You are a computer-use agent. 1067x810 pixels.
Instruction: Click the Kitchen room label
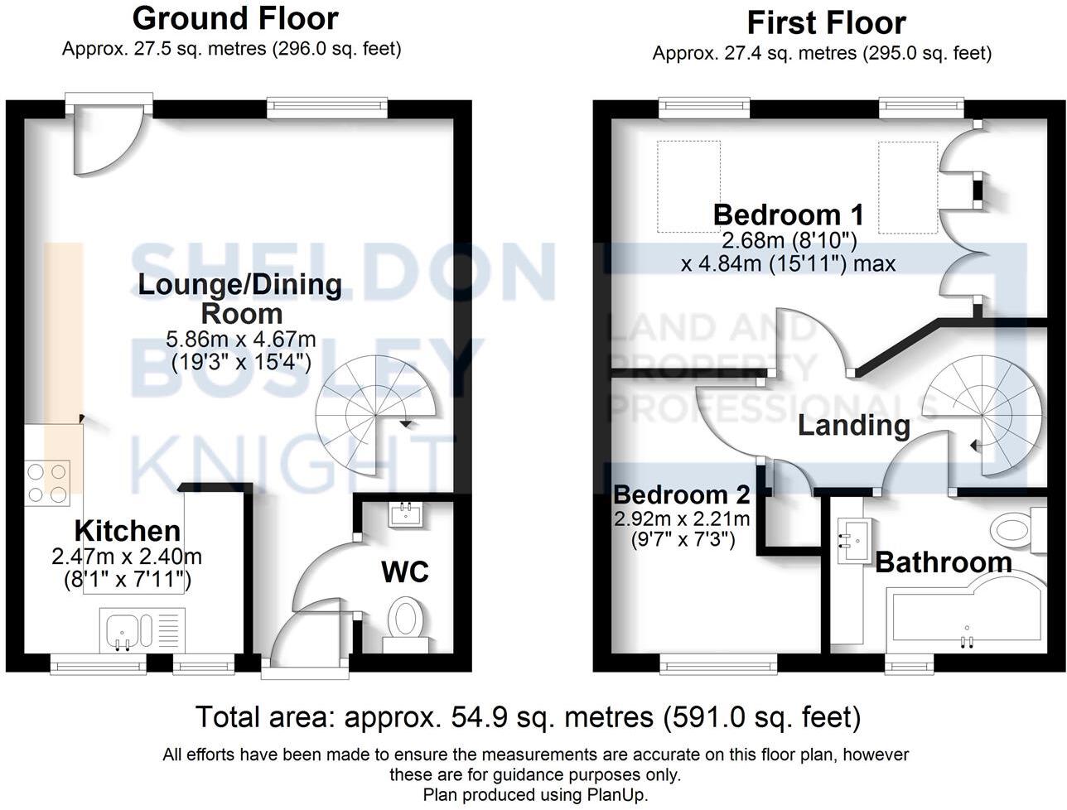tap(128, 531)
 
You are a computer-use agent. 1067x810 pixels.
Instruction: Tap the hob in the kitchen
tap(47, 483)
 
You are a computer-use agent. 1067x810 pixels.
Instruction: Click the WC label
tap(405, 571)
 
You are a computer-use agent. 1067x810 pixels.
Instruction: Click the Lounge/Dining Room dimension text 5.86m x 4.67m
tap(240, 340)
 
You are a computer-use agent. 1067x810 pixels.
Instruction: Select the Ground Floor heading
tap(235, 18)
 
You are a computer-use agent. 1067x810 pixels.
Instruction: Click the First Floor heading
tap(826, 22)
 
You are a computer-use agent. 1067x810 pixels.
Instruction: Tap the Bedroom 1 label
tap(788, 215)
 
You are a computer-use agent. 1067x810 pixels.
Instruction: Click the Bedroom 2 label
tap(682, 494)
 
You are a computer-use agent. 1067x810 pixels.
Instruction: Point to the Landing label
tap(853, 426)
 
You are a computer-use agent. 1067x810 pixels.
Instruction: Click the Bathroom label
tap(944, 563)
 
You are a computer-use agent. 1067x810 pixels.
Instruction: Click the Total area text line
tap(528, 716)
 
